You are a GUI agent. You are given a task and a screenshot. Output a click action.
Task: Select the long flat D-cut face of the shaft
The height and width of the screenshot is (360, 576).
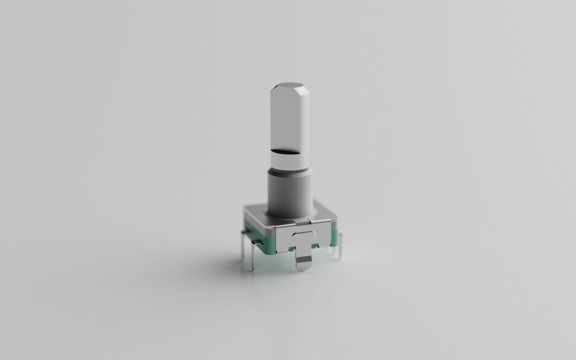point(288,119)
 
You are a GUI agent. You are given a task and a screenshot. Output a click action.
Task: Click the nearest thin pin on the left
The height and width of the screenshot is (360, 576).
point(253,258)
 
